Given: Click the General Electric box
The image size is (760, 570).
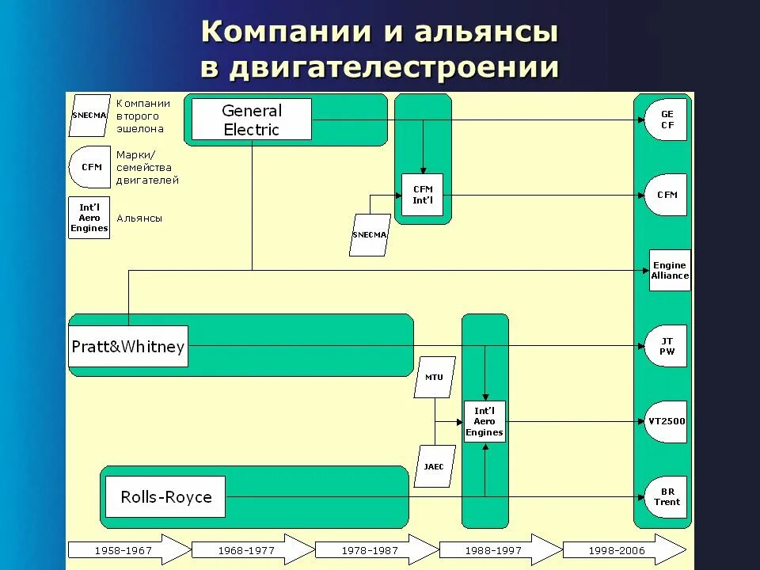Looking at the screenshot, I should [252, 120].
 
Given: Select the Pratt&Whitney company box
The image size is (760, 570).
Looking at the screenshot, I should [128, 347].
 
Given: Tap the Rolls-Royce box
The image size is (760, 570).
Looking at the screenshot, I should [165, 497].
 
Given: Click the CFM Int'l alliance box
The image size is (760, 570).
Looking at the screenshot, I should [423, 195].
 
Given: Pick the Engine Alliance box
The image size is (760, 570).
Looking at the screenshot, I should [670, 271].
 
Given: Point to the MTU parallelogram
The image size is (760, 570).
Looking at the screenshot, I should [435, 378].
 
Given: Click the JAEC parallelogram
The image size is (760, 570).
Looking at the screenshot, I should [434, 466].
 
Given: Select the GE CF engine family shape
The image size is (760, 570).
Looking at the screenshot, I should [666, 120].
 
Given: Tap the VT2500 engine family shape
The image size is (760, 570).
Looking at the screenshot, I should [666, 421].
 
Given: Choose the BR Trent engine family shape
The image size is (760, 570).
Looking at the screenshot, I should [666, 497].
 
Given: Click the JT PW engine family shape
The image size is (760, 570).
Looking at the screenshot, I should [666, 347].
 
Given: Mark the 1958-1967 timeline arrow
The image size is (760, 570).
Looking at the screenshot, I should [129, 550].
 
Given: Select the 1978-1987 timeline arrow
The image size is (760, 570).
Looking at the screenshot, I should [376, 550].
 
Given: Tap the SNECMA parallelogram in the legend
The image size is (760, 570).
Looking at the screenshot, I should [89, 115].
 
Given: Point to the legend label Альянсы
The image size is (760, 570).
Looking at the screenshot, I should [139, 218].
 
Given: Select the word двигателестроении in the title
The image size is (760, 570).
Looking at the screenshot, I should [394, 67].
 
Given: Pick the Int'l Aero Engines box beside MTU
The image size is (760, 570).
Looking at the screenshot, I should [484, 422].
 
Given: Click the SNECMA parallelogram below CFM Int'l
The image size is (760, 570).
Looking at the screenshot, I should [370, 235].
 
